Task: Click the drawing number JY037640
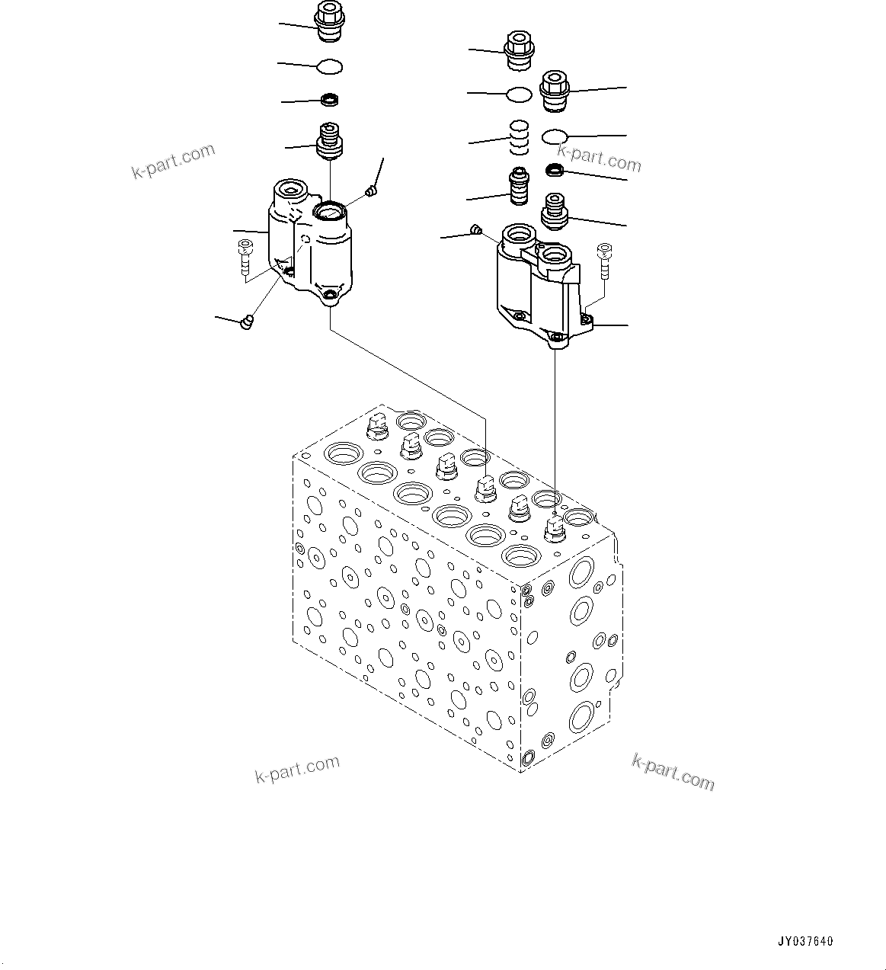(x=805, y=941)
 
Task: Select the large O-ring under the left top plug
(x=329, y=67)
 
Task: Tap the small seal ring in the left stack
(x=330, y=100)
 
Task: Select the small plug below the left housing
(x=246, y=323)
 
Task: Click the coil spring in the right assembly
(x=519, y=137)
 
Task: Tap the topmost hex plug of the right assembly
(x=517, y=50)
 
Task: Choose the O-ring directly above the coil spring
(x=519, y=94)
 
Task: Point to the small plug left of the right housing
(x=476, y=229)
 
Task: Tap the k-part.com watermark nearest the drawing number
(x=673, y=771)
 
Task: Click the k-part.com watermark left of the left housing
(x=174, y=162)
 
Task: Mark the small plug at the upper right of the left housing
(x=372, y=190)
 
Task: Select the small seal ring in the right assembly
(x=555, y=169)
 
